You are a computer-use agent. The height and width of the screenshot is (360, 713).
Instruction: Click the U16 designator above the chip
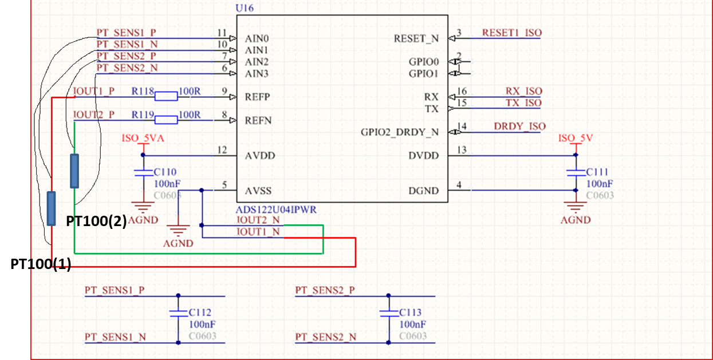(245, 9)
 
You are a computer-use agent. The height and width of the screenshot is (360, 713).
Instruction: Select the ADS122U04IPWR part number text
(277, 210)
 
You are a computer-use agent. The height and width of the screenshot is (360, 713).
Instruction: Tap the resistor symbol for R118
(166, 96)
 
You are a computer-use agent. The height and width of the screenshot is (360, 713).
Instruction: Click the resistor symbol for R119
(166, 120)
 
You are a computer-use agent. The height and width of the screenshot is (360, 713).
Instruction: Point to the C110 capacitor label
(166, 172)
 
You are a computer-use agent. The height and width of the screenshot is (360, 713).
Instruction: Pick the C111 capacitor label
(597, 172)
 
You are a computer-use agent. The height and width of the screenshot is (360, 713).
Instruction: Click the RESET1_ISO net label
(511, 33)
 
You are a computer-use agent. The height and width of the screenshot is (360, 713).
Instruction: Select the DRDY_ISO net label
(519, 126)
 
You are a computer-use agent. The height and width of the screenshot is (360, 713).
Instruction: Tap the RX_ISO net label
(523, 91)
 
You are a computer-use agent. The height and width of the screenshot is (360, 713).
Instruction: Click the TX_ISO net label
(523, 103)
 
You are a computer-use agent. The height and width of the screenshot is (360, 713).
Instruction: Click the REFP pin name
(257, 97)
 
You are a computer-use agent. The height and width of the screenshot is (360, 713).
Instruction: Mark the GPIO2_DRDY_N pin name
(399, 132)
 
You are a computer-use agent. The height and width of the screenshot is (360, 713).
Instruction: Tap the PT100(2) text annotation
(96, 221)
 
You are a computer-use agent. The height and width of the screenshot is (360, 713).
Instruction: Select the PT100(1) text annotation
(41, 264)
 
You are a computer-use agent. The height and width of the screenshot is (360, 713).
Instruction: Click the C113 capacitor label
(410, 312)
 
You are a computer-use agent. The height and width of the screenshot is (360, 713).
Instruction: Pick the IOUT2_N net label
(258, 219)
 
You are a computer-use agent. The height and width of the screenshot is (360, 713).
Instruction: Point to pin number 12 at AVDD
(223, 150)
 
